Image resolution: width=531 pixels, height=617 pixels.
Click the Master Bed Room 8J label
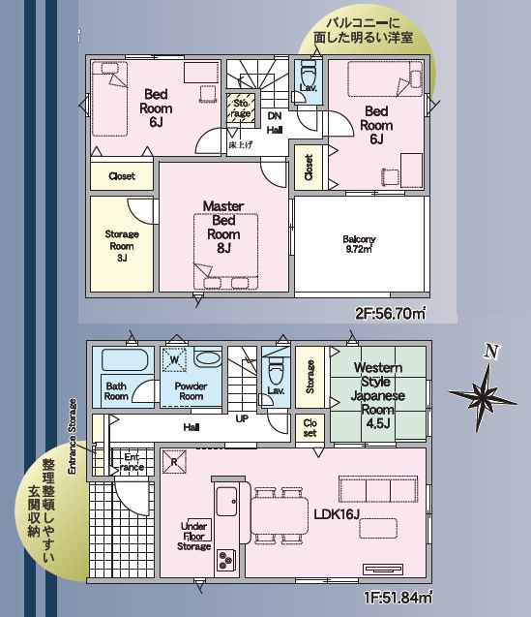pyautogui.click(x=223, y=227)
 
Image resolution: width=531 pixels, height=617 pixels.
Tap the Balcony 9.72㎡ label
pyautogui.click(x=359, y=244)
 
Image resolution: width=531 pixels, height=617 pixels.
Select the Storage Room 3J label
pyautogui.click(x=122, y=246)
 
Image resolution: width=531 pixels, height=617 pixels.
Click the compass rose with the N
pyautogui.click(x=483, y=390)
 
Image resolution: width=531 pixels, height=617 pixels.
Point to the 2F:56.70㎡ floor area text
pyautogui.click(x=391, y=314)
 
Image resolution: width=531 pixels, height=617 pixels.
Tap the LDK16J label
pyautogui.click(x=337, y=514)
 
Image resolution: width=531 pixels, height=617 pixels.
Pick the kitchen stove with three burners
pyautogui.click(x=225, y=560)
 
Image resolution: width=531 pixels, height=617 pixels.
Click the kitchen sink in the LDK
pyautogui.click(x=226, y=501)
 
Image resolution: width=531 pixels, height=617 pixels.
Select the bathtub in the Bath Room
pyautogui.click(x=125, y=359)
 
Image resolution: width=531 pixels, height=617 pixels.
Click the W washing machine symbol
pyautogui.click(x=174, y=359)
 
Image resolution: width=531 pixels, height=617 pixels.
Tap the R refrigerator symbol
pyautogui.click(x=174, y=462)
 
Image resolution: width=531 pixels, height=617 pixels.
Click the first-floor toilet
pyautogui.click(x=275, y=372)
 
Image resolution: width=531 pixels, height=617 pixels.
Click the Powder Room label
pyautogui.click(x=191, y=391)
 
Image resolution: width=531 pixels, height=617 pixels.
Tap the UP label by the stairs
pyautogui.click(x=242, y=419)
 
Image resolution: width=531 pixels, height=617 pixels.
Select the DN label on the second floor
pyautogui.click(x=275, y=116)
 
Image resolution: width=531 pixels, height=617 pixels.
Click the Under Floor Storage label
pyautogui.click(x=194, y=536)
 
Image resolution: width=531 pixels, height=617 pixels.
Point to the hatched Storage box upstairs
pyautogui.click(x=241, y=108)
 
